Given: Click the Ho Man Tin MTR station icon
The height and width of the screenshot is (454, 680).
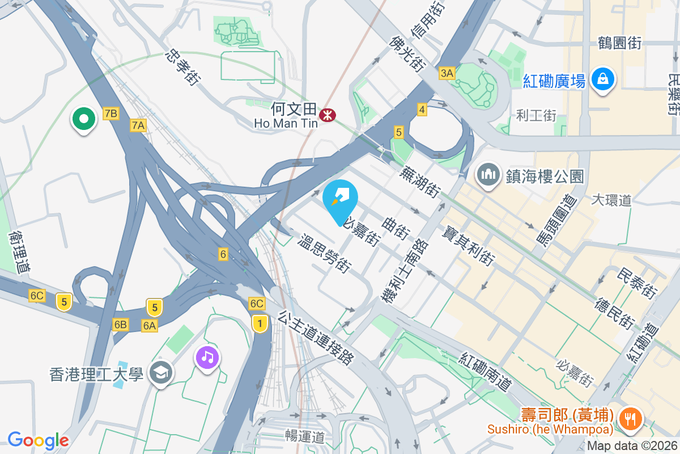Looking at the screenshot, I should tap(326, 115).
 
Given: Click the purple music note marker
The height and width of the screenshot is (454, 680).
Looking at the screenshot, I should tap(208, 357).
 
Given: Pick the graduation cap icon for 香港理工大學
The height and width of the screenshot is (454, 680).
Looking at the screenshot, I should tap(161, 373).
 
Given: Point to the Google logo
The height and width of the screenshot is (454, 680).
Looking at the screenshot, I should tap(38, 440).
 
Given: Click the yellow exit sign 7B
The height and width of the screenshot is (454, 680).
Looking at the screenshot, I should tap(111, 113).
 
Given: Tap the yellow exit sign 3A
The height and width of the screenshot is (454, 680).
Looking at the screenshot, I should tap(447, 73).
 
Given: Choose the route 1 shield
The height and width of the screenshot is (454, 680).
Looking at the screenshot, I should tap(260, 323).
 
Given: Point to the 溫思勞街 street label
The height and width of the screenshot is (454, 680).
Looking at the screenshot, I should tap(325, 254).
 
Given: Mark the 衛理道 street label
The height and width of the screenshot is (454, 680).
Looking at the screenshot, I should tap(20, 252).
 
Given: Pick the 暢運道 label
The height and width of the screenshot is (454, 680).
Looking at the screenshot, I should tap(305, 436).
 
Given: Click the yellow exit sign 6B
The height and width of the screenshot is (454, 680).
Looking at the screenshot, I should tap(120, 325).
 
